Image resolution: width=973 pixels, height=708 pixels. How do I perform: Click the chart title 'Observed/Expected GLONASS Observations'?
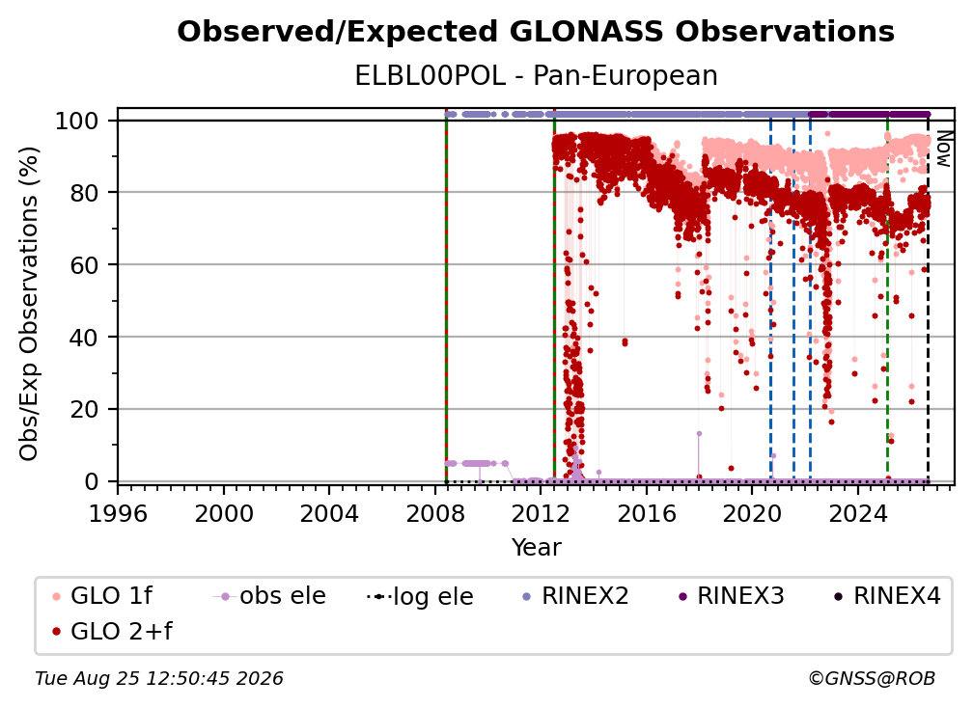(536, 32)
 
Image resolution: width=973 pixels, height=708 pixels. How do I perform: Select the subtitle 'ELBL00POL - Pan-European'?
(536, 76)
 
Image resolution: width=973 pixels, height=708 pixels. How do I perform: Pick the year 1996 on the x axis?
(118, 513)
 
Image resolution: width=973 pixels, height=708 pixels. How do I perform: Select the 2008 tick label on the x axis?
(434, 513)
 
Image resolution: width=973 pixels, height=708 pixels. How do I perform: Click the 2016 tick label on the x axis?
(646, 513)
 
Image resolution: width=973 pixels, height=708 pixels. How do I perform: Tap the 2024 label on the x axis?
(857, 513)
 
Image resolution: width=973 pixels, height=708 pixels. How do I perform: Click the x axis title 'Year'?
(536, 548)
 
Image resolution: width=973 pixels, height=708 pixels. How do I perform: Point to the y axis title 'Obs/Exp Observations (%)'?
(29, 303)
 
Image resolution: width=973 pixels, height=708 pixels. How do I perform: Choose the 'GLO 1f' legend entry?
(102, 596)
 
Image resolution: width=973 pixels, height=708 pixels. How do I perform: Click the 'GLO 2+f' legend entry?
(112, 631)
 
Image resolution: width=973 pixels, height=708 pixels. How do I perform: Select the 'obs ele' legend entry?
(269, 596)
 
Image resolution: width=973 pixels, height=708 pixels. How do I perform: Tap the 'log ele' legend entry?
(420, 596)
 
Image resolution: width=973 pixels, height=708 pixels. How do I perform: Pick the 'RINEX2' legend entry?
(575, 596)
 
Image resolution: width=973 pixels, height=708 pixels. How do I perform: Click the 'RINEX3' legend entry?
(731, 596)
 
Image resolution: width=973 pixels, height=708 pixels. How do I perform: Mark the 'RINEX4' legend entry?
(887, 596)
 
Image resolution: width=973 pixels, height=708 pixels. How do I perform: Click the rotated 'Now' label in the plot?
(943, 149)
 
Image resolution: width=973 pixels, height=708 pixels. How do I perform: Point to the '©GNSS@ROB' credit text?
(872, 678)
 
